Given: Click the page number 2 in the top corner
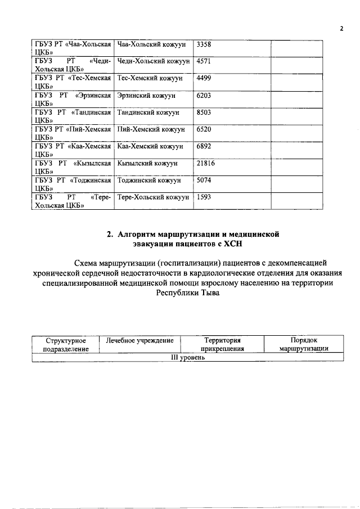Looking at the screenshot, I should tap(341, 29).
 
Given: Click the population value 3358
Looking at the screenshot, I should tap(204, 44).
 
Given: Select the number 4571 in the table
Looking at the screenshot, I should tap(204, 61).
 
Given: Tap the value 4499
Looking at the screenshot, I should tap(204, 78).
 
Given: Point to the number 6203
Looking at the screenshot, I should tap(204, 96).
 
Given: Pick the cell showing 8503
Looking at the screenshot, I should tap(204, 112).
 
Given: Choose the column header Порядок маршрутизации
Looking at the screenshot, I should tap(304, 344).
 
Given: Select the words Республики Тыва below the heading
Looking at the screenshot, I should tap(187, 293).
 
